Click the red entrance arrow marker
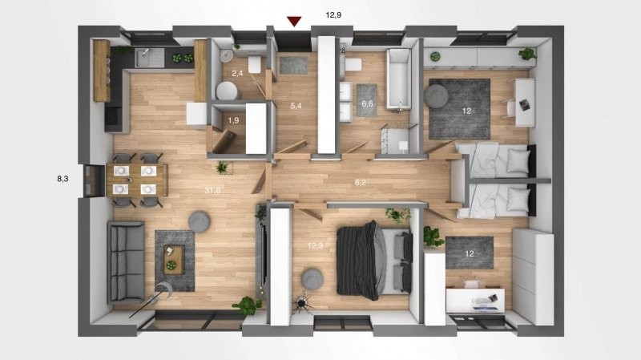(294, 22)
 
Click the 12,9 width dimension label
(333, 15)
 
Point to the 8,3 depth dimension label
(62, 179)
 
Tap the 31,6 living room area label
(212, 190)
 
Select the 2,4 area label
(237, 74)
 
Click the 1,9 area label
(233, 121)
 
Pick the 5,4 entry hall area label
(296, 106)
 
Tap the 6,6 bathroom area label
(367, 104)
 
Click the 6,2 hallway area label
(360, 183)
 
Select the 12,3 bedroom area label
(315, 246)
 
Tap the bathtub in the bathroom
(398, 79)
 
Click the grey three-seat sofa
(126, 262)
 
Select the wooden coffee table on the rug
(174, 259)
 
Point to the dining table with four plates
(136, 180)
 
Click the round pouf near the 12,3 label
(312, 279)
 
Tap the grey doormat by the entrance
(293, 66)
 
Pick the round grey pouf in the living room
(200, 222)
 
